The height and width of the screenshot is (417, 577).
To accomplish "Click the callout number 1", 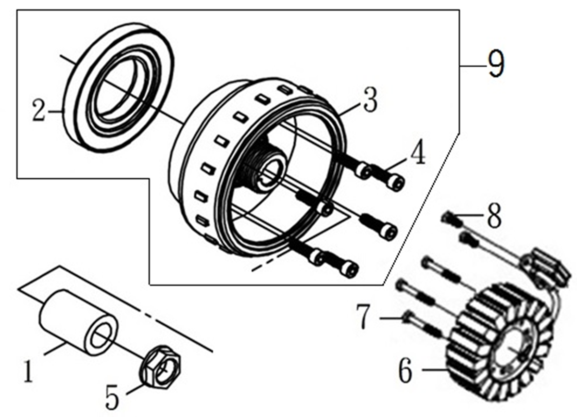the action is tap(28, 372).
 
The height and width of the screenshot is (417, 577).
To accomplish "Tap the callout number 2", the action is tap(39, 110).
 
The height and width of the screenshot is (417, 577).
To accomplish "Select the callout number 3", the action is tap(370, 99).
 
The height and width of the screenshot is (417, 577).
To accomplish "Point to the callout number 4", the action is tap(417, 152).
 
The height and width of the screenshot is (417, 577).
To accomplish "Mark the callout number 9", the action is tap(496, 63).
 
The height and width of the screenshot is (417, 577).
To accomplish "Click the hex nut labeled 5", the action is tap(161, 368).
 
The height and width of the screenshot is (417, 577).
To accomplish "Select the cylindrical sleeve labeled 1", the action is tap(78, 323).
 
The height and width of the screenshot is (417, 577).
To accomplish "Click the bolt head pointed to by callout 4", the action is tap(396, 183).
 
